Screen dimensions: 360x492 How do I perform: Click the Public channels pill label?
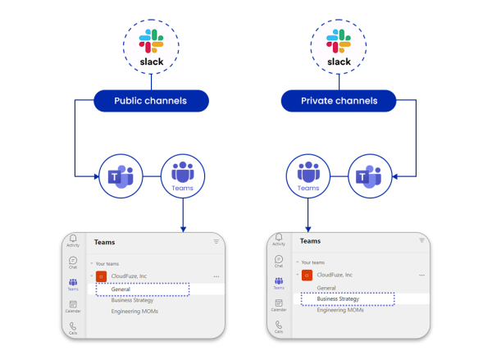[150, 101]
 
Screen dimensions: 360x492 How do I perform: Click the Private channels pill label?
[339, 101]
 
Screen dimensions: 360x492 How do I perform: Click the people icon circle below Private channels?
[307, 175]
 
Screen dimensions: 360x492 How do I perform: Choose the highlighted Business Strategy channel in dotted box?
[338, 299]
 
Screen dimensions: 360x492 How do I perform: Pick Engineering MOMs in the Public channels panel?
[134, 312]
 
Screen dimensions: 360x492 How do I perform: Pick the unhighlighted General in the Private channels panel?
[326, 288]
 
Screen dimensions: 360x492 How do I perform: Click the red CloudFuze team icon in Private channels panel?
[307, 276]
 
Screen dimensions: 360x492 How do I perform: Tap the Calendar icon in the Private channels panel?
[279, 304]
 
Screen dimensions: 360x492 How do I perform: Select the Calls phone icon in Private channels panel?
[279, 326]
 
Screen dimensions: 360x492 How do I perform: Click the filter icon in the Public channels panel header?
[216, 242]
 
